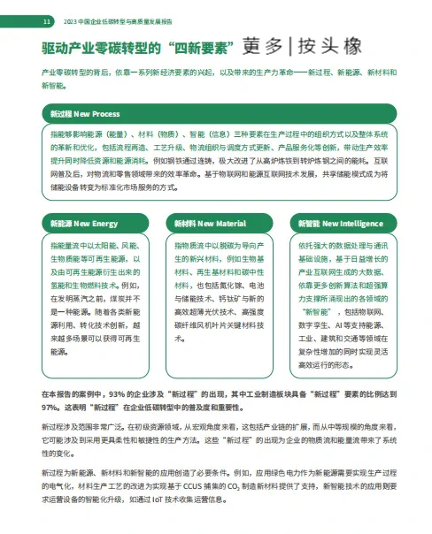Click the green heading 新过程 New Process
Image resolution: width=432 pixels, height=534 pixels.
[85, 139]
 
